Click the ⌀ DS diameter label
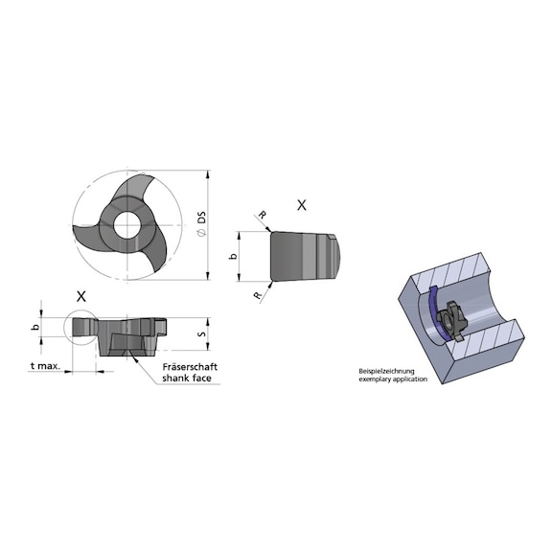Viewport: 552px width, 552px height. [x=201, y=227]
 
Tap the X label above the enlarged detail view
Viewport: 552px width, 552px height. [x=302, y=204]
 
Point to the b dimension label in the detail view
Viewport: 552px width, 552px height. [x=232, y=257]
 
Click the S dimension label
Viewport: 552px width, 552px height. [x=200, y=334]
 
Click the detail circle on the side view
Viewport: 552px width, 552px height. [x=80, y=328]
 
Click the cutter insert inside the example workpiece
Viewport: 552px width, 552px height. [x=450, y=322]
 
